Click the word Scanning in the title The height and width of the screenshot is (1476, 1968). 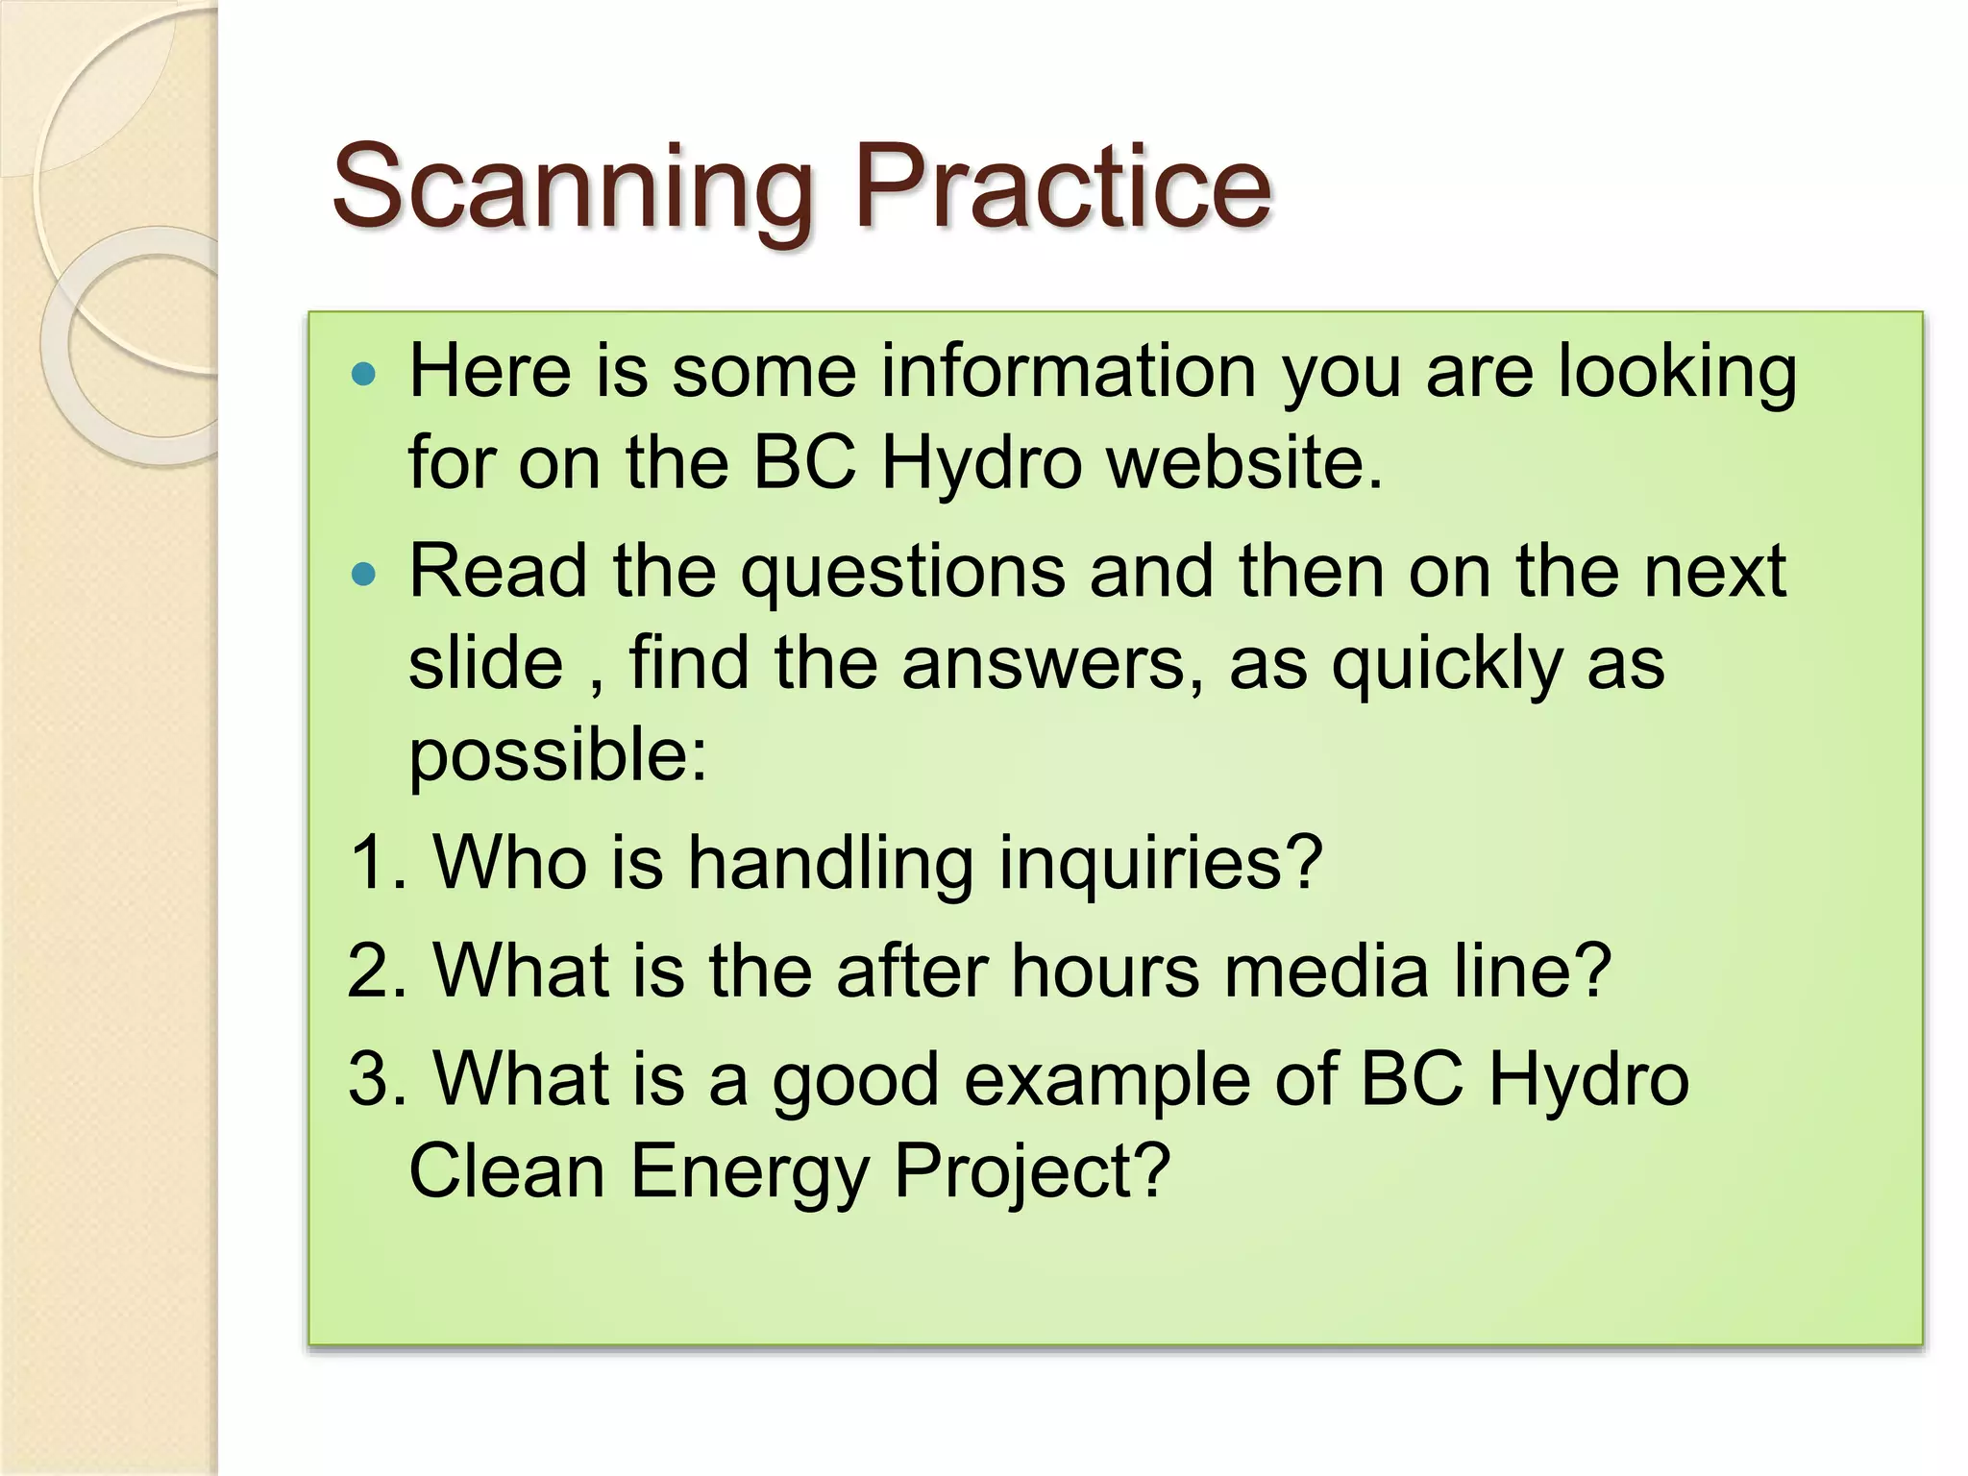coord(573,188)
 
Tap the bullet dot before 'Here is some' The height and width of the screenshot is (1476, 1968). coord(364,374)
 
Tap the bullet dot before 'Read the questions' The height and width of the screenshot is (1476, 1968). coord(364,575)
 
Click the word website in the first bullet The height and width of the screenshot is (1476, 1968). coord(1245,463)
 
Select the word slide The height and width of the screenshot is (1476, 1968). coord(485,663)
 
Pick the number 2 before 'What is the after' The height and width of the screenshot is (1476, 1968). coord(368,971)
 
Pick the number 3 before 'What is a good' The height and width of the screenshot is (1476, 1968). coord(368,1079)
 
